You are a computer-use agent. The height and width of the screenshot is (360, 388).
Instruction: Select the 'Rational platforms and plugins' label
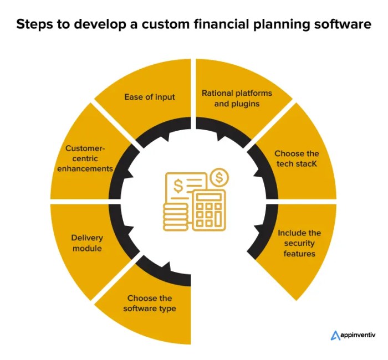(x=232, y=98)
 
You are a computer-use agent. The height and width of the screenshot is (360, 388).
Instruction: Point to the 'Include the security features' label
(x=299, y=243)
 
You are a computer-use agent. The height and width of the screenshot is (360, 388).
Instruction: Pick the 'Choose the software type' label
(x=150, y=303)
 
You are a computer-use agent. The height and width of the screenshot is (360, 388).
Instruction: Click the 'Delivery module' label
(x=87, y=243)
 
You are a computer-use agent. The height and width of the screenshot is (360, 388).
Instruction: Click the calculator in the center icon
(x=208, y=210)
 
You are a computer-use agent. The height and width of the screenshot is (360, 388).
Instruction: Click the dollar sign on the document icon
(x=179, y=186)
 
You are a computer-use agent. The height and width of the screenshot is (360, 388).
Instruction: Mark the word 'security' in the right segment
(x=299, y=244)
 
